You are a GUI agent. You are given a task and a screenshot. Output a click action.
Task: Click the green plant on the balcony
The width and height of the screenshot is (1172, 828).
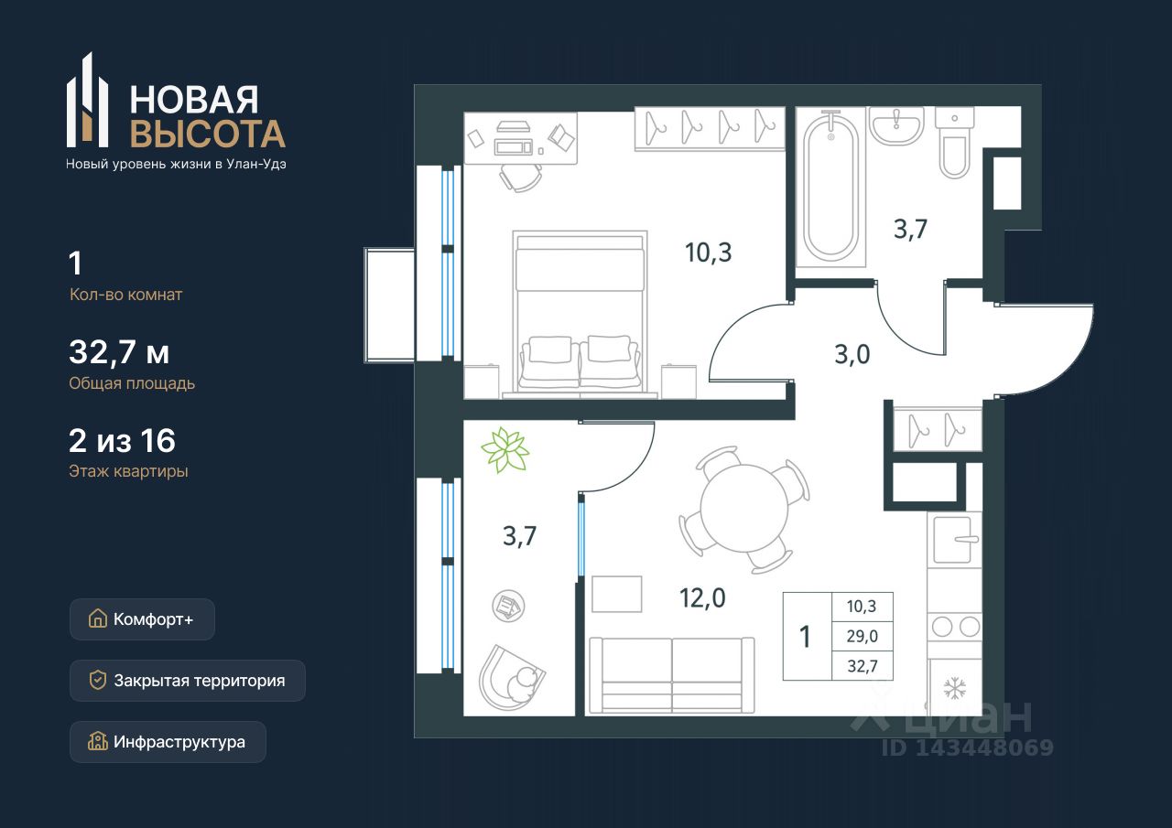coord(505,449)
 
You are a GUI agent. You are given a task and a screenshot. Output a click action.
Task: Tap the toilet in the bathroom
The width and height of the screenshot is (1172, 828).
coord(954,144)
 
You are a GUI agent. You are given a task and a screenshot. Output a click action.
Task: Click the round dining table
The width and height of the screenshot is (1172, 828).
coord(744,509)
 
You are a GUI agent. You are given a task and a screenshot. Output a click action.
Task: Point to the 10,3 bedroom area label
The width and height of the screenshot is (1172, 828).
coord(708,253)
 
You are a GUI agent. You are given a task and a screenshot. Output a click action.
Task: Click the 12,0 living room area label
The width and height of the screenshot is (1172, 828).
coord(702,598)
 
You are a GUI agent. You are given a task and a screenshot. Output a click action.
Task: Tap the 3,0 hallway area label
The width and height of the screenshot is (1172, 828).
coord(852,354)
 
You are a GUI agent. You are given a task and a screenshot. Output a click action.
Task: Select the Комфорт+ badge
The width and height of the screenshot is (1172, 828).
coord(142,619)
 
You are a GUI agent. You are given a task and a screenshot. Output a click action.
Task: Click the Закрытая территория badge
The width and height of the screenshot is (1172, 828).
coord(188,681)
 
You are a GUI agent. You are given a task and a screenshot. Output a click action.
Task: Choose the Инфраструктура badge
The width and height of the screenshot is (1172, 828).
coord(168,742)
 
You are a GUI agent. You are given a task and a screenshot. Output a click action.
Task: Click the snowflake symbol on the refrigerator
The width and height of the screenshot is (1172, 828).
coord(954,688)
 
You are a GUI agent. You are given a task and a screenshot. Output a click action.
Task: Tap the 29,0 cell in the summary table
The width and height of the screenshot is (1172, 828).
coord(863,636)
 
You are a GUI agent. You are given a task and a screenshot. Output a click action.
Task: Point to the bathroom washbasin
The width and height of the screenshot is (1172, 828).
coord(896,126)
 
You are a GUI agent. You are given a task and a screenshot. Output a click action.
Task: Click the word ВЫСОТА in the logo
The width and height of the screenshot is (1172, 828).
coord(208,134)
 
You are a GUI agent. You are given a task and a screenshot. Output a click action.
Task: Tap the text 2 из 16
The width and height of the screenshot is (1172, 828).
coord(122,441)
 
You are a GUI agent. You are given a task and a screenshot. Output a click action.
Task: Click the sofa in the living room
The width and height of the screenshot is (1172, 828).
coord(672,675)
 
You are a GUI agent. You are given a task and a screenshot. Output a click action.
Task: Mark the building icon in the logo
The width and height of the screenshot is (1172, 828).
coord(87,100)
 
